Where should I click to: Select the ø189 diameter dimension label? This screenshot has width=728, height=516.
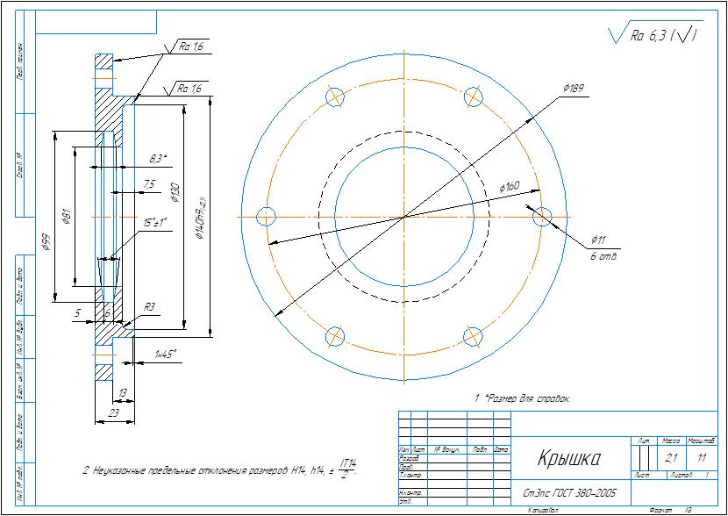pos(573,89)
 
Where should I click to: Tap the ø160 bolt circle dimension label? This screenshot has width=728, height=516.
pos(510,187)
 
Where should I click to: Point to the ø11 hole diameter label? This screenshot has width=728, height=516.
pos(599,239)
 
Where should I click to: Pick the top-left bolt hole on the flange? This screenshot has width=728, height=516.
pos(335,97)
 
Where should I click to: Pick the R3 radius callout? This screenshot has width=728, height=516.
pos(150,306)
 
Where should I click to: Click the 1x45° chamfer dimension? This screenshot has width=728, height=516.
pos(165,354)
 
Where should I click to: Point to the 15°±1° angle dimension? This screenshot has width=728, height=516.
pos(154,223)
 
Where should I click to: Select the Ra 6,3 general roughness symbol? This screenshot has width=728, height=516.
pos(653,35)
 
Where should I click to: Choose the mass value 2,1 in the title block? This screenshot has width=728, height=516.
pos(671,458)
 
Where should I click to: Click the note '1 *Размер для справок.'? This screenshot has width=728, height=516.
pos(523,398)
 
